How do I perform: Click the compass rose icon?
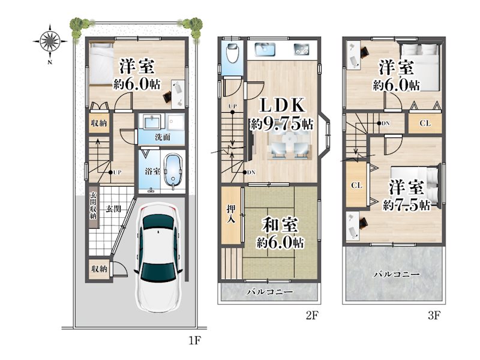pos(50,41)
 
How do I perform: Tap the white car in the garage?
pos(158,258)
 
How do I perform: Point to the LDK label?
pos(282,106)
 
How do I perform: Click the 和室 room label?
pos(280,224)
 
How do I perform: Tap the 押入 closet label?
pos(231,214)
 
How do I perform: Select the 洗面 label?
pos(162,137)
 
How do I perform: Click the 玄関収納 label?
pos(93,206)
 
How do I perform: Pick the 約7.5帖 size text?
pos(407,205)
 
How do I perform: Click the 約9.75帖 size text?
pos(281,124)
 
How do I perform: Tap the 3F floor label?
pos(434,316)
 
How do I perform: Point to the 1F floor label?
pos(194,340)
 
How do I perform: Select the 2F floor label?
pos(312,316)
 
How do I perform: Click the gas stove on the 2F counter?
pos(302,49)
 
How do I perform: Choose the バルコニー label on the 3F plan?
pos(397,274)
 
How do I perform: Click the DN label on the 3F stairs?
pos(386,123)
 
